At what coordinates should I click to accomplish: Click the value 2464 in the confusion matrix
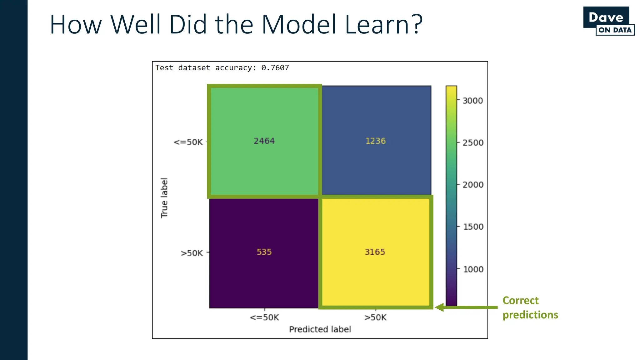[264, 141]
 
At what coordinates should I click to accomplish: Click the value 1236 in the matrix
[375, 141]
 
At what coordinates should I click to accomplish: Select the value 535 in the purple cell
[264, 252]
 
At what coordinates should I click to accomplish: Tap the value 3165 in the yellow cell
[375, 252]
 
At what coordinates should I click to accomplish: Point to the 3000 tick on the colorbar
[472, 101]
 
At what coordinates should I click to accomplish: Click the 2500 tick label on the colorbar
[473, 143]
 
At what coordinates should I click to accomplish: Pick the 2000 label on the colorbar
[473, 185]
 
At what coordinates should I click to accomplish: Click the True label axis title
[164, 198]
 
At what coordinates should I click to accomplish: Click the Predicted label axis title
[320, 329]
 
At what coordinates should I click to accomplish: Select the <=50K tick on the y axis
[188, 142]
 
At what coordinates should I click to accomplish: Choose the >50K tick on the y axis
[192, 253]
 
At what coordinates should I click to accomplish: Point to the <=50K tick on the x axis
[264, 317]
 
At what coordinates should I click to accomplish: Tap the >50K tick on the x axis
[375, 317]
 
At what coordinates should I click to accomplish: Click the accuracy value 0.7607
[275, 68]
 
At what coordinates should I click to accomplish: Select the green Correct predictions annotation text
[530, 307]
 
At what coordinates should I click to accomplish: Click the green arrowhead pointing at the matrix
[439, 307]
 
